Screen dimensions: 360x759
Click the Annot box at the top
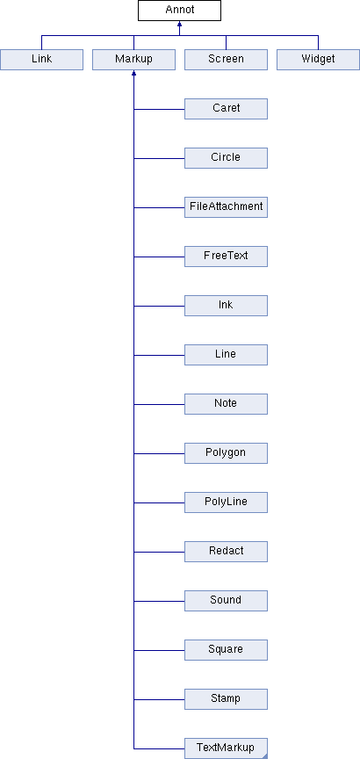pyautogui.click(x=179, y=11)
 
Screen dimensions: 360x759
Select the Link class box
pyautogui.click(x=41, y=60)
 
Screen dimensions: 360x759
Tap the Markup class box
pyautogui.click(x=133, y=60)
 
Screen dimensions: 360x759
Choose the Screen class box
pyautogui.click(x=226, y=60)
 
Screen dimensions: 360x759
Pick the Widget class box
pyautogui.click(x=318, y=60)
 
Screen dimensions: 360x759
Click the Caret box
pyautogui.click(x=226, y=109)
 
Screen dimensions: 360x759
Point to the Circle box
pyautogui.click(x=226, y=158)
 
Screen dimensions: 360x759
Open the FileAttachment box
pyautogui.click(x=226, y=207)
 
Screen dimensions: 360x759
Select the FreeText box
pyautogui.click(x=226, y=257)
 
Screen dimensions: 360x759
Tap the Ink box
pyautogui.click(x=226, y=306)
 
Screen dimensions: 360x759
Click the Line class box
pyautogui.click(x=226, y=355)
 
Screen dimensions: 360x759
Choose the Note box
pyautogui.click(x=226, y=404)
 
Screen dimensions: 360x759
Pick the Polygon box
pyautogui.click(x=226, y=453)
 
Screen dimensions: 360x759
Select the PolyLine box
pyautogui.click(x=226, y=502)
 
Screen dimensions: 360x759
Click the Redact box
pyautogui.click(x=226, y=552)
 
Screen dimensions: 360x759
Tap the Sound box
pyautogui.click(x=226, y=601)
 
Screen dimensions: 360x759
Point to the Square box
pyautogui.click(x=226, y=650)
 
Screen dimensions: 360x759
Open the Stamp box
pyautogui.click(x=226, y=699)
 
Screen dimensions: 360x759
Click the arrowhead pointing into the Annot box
pyautogui.click(x=179, y=24)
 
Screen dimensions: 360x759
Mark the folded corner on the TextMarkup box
pyautogui.click(x=264, y=756)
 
